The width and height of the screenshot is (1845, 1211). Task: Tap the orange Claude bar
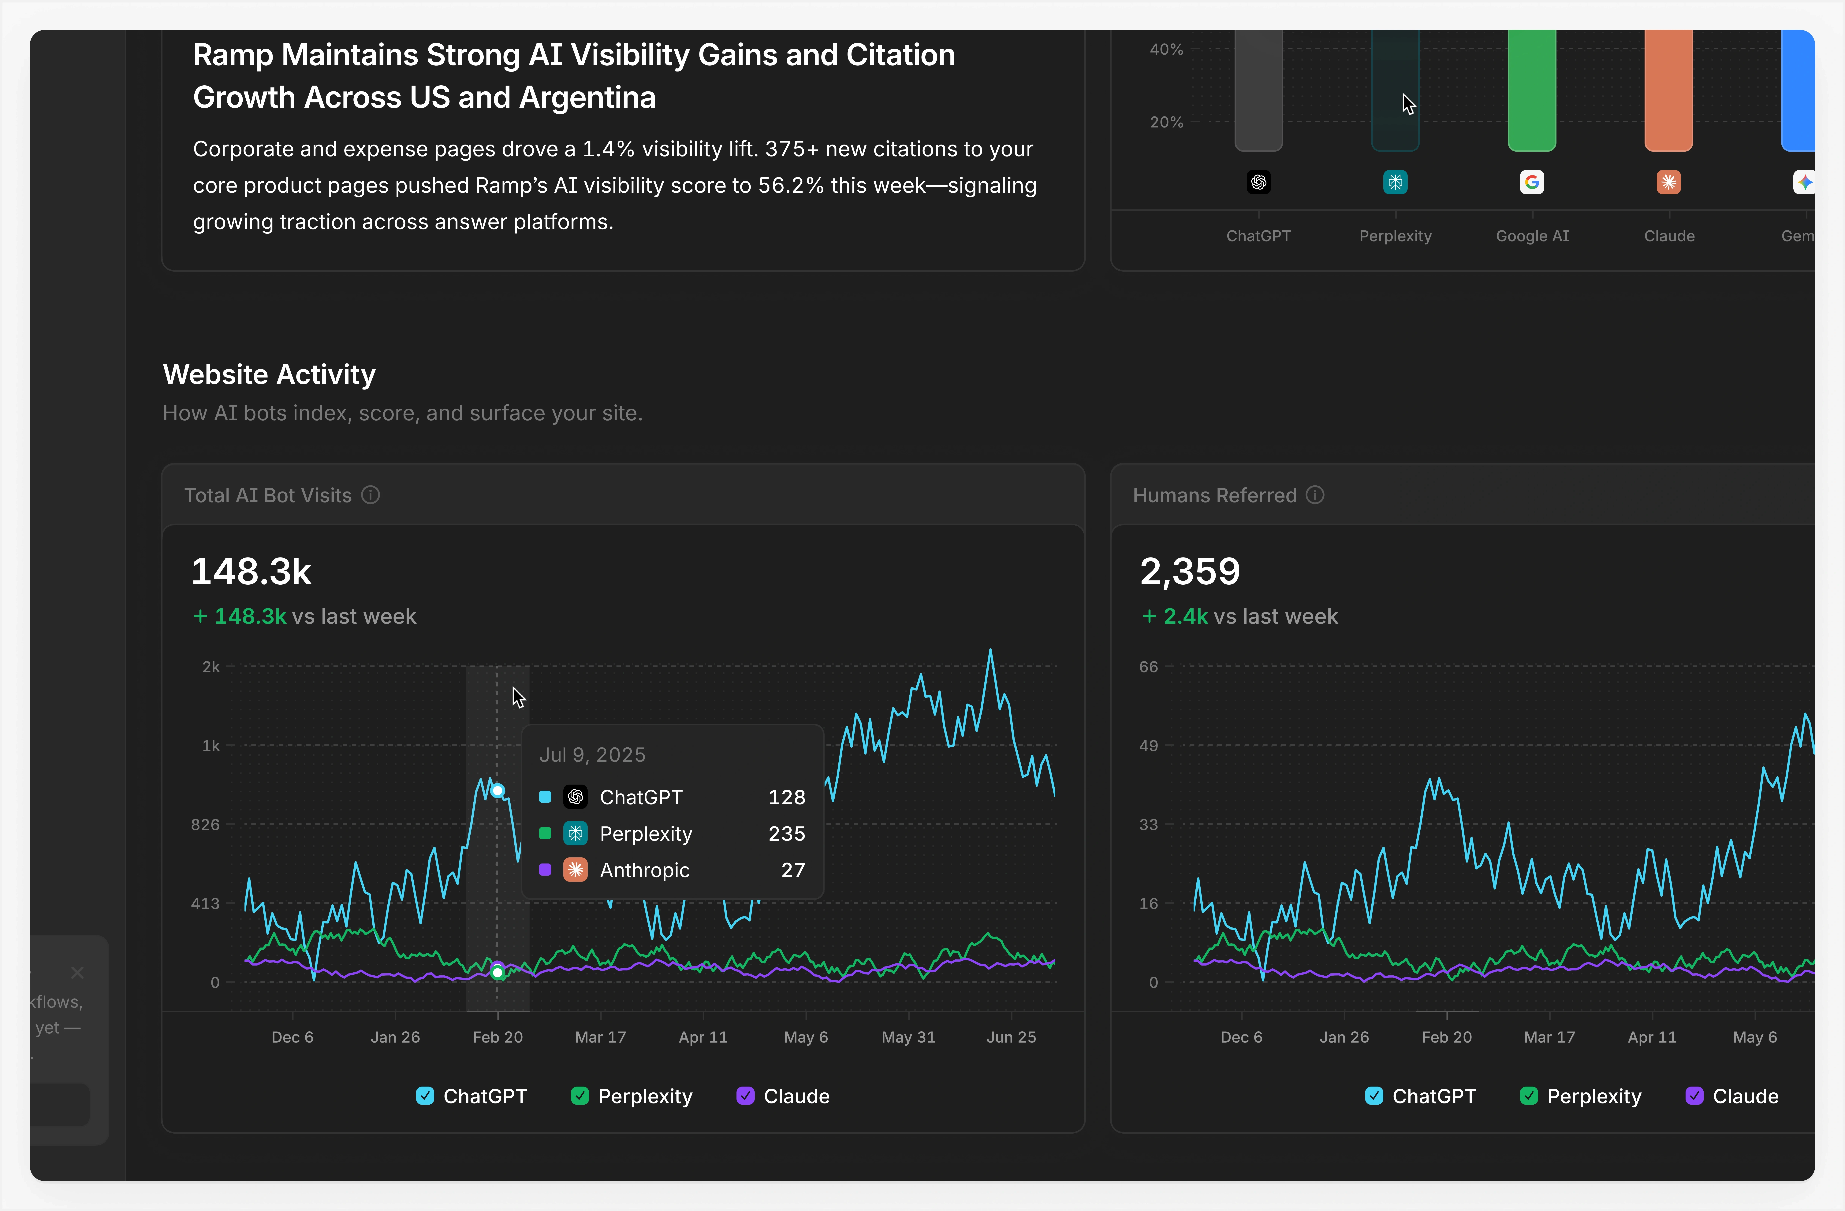click(x=1668, y=89)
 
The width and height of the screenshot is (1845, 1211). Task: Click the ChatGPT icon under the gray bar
click(x=1258, y=182)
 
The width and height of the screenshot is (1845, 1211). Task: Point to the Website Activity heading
click(x=269, y=374)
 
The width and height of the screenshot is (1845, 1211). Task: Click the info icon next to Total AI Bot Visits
click(x=371, y=495)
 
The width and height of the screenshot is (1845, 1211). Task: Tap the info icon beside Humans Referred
click(x=1315, y=495)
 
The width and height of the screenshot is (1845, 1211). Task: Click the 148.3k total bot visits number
click(x=251, y=572)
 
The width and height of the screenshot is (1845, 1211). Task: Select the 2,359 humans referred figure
click(x=1189, y=572)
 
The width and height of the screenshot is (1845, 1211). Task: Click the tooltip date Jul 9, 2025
click(x=592, y=755)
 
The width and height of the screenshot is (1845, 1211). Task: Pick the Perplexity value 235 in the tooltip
click(x=786, y=834)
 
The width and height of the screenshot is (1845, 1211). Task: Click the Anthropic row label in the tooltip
click(x=644, y=870)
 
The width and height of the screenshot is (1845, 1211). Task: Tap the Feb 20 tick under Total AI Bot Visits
click(x=498, y=1037)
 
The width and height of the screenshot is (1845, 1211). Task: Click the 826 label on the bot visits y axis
click(x=205, y=824)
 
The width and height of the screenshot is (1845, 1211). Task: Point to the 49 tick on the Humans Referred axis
click(x=1148, y=745)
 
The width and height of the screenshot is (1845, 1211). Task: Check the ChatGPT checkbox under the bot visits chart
click(x=425, y=1095)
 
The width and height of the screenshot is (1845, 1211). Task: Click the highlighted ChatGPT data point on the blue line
click(x=498, y=790)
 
